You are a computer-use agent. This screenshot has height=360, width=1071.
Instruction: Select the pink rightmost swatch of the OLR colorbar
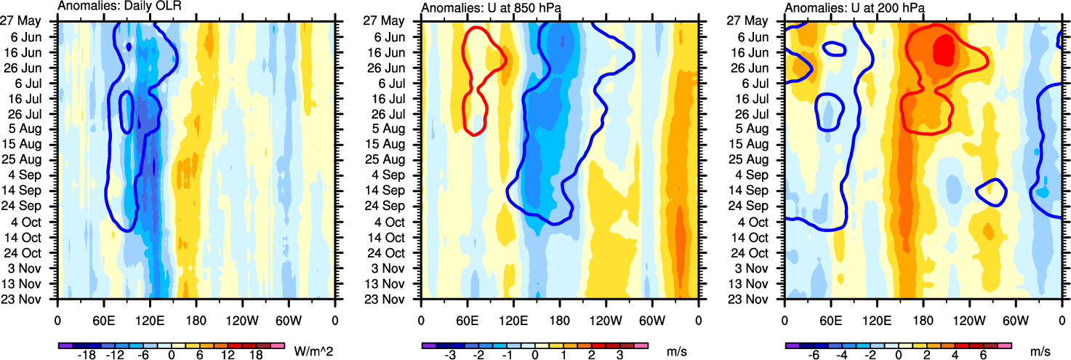pyautogui.click(x=276, y=345)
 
